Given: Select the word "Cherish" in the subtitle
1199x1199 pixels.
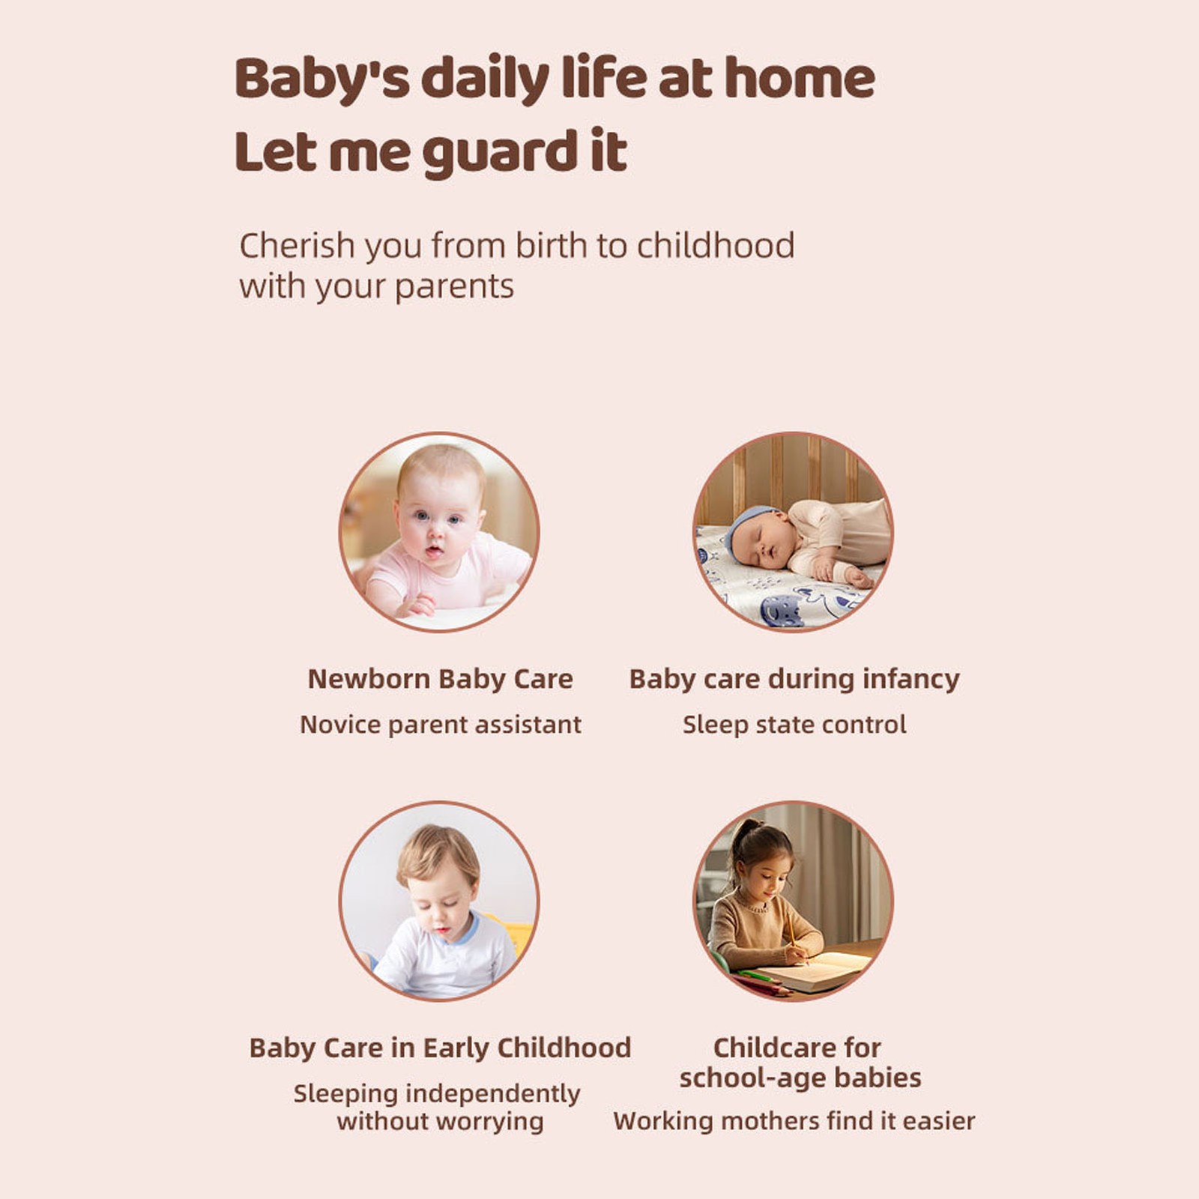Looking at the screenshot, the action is (x=297, y=246).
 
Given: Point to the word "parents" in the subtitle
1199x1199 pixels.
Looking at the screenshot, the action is (x=454, y=288).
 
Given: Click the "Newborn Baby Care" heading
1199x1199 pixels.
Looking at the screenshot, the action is (x=440, y=679).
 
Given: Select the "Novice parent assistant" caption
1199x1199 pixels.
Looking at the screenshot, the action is (x=440, y=725).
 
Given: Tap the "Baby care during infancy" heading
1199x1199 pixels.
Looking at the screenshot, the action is (x=794, y=679).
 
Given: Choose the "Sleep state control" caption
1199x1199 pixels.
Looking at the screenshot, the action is (x=794, y=725).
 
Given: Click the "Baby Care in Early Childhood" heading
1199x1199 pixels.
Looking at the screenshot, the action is (x=440, y=1048).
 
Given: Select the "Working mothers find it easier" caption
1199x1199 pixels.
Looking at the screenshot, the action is (x=794, y=1121).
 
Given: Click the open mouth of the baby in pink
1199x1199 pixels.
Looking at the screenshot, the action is (x=433, y=552).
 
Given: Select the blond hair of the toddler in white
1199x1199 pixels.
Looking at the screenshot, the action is (x=438, y=852).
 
